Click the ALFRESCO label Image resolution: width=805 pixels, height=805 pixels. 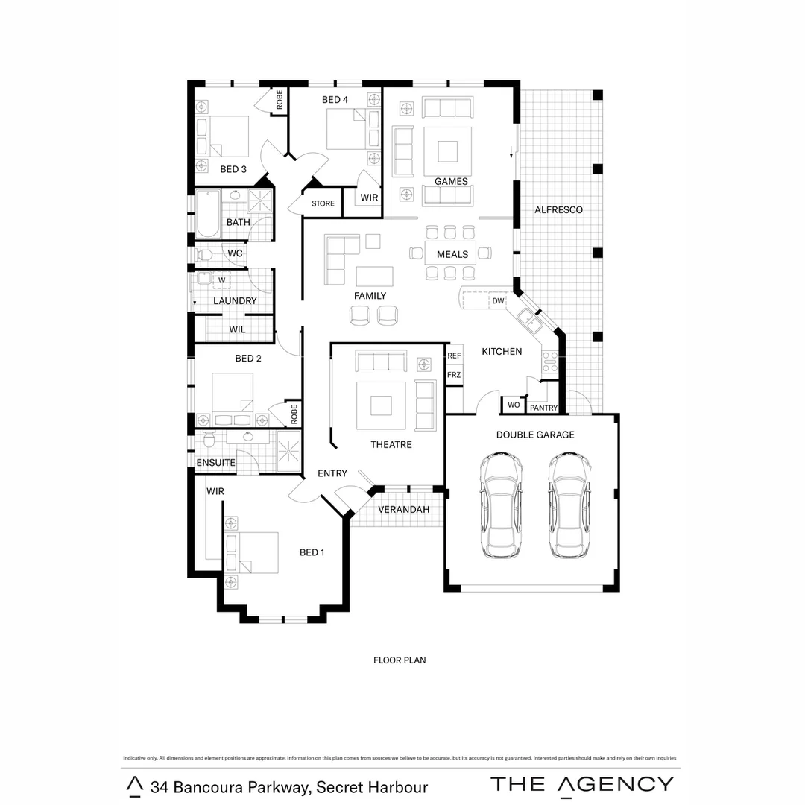pyautogui.click(x=558, y=210)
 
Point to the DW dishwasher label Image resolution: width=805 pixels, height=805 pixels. pyautogui.click(x=498, y=301)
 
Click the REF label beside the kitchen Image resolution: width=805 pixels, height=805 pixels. pyautogui.click(x=454, y=356)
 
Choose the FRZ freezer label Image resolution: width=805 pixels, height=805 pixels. pyautogui.click(x=454, y=375)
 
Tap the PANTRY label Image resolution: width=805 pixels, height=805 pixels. pyautogui.click(x=543, y=408)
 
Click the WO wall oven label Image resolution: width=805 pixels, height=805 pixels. pyautogui.click(x=514, y=405)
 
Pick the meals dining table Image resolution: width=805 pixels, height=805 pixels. pyautogui.click(x=450, y=253)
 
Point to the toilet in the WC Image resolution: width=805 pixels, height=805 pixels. pyautogui.click(x=203, y=255)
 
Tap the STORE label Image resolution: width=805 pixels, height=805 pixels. pyautogui.click(x=323, y=203)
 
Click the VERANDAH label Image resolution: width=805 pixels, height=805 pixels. pyautogui.click(x=403, y=510)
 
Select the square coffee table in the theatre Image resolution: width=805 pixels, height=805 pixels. pyautogui.click(x=381, y=405)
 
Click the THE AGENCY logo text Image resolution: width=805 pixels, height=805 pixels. pyautogui.click(x=581, y=784)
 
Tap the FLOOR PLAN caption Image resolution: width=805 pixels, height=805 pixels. pyautogui.click(x=400, y=660)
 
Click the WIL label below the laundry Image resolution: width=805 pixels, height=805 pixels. pyautogui.click(x=237, y=329)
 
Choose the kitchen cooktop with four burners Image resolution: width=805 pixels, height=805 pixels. pyautogui.click(x=549, y=362)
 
